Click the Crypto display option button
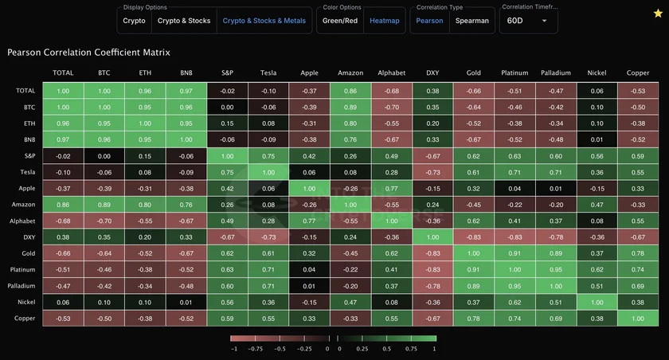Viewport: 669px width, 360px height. tap(134, 21)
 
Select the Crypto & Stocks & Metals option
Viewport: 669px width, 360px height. tap(264, 21)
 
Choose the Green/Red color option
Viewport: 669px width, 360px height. tap(339, 21)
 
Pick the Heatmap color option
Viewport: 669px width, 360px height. tap(385, 21)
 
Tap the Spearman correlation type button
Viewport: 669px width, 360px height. tap(472, 21)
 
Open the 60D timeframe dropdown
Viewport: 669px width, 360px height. tap(527, 21)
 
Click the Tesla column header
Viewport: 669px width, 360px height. tap(268, 73)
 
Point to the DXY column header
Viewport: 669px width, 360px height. tap(432, 73)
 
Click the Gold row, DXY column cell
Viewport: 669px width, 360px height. tap(432, 253)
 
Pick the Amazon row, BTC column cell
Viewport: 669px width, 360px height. tap(104, 204)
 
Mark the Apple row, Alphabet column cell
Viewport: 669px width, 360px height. tap(391, 188)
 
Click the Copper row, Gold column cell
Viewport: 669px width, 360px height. tap(473, 319)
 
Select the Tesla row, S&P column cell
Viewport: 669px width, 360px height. tap(227, 171)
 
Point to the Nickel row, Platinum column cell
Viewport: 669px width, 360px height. tap(514, 303)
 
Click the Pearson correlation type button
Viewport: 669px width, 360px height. tap(429, 21)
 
